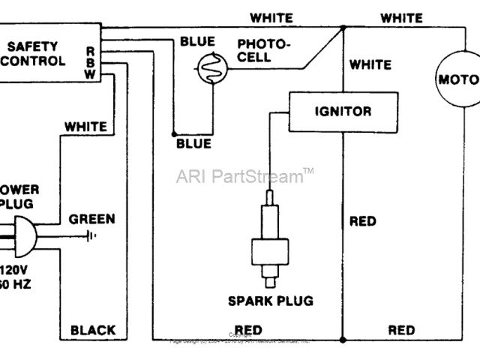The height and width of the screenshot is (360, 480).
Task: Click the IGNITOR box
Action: (340, 111)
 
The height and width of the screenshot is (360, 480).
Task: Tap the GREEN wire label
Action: (92, 219)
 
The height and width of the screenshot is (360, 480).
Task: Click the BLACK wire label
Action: (93, 329)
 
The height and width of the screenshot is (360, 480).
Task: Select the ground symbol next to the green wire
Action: (91, 235)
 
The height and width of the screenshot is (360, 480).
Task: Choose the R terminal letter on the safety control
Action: (90, 50)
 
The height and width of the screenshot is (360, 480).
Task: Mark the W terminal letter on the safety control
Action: (90, 73)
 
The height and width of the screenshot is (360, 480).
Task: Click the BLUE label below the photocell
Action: (193, 143)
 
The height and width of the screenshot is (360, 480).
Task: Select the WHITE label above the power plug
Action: (85, 127)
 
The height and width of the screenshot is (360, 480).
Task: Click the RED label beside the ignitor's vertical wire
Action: (363, 222)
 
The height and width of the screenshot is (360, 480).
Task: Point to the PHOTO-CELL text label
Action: (263, 52)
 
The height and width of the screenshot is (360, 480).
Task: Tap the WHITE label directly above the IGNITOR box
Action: (370, 65)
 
